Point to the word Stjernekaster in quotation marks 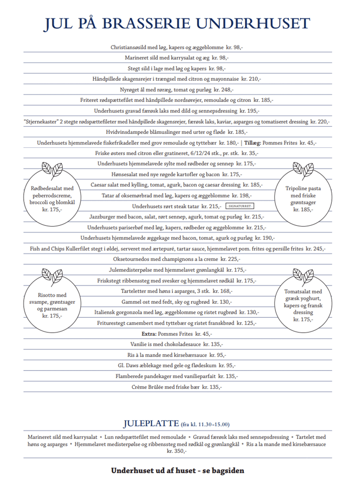tap(42, 122)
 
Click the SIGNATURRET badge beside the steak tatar tap(240, 206)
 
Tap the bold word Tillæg tap(252, 142)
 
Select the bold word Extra tap(149, 334)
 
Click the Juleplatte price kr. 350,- tap(177, 451)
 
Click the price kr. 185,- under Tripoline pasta tap(302, 209)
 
